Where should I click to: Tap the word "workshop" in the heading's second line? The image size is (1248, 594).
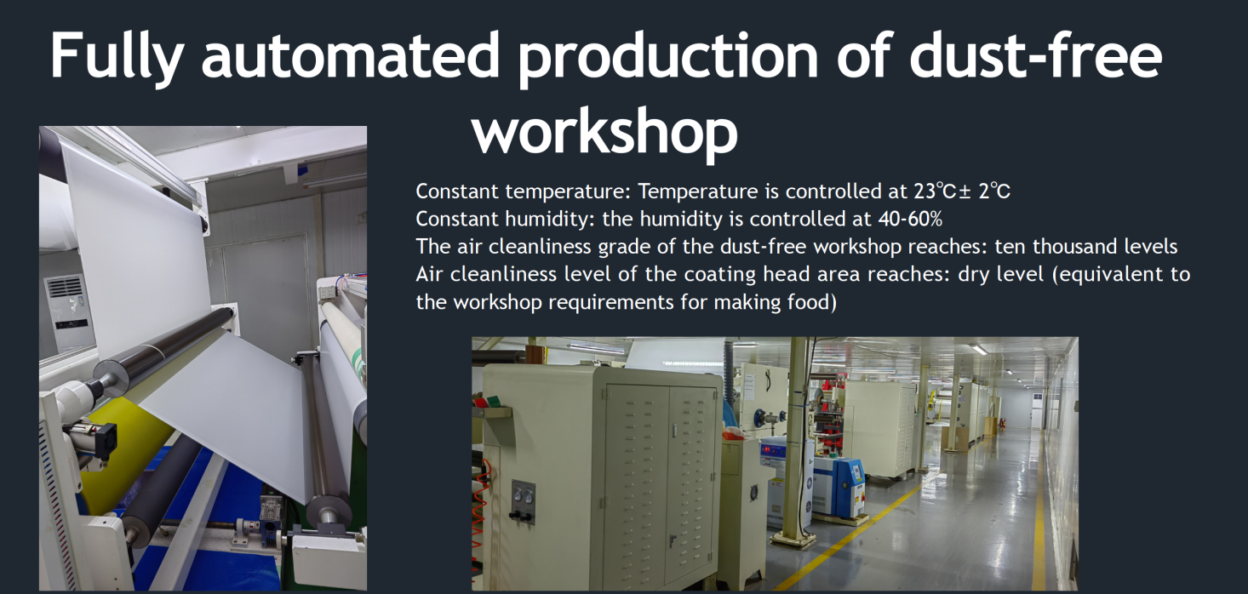[x=604, y=130]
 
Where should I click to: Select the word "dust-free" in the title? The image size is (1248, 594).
[x=1035, y=56]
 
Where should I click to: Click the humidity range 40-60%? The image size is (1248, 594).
[x=909, y=220]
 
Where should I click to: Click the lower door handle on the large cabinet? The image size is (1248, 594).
[x=672, y=540]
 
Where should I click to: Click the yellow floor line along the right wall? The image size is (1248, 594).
[x=1039, y=511]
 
